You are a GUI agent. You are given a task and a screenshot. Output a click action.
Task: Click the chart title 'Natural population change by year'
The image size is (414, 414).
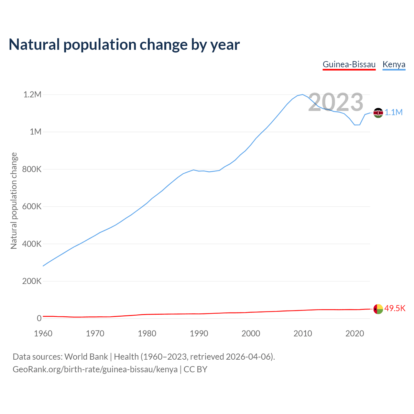pos(124,45)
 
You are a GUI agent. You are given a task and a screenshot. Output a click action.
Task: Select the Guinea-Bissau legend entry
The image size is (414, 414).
pos(349,64)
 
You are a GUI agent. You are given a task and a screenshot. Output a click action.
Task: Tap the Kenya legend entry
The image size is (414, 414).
pos(394,64)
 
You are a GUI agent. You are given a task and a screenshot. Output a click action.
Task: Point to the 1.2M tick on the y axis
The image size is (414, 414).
pos(32,95)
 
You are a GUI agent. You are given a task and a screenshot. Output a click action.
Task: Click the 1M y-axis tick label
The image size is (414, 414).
pos(36,132)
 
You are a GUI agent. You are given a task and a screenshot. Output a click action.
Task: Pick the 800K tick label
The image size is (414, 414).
pos(32,169)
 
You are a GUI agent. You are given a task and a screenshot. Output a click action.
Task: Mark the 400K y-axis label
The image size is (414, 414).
pos(32,244)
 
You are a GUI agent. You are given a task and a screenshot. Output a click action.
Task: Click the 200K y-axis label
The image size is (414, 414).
pos(32,281)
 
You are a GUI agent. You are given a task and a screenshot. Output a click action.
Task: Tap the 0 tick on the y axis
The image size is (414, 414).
pos(39,318)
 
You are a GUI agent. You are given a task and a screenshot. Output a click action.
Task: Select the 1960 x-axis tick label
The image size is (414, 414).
pos(43,333)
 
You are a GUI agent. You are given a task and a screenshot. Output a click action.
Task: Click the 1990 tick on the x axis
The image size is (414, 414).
pos(199,333)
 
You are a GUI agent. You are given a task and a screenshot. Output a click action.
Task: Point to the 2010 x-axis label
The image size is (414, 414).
pos(303,333)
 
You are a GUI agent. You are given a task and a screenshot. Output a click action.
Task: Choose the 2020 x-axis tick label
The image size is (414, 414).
pos(354,333)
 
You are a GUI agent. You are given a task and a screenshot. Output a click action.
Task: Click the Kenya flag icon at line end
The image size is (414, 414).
pos(378,113)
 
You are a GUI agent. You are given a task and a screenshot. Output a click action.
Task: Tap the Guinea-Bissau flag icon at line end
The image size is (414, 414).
pos(378,309)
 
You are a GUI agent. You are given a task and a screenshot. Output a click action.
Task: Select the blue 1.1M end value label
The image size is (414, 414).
pos(394,113)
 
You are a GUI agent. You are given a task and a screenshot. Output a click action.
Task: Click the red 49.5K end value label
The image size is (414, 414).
pos(395,308)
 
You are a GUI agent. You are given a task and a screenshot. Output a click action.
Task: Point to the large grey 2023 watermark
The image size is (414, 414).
pos(336,102)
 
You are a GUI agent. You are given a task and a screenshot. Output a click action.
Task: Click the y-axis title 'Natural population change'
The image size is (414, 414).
pos(14,201)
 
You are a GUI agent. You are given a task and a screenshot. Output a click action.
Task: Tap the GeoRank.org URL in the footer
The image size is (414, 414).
pos(95,369)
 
